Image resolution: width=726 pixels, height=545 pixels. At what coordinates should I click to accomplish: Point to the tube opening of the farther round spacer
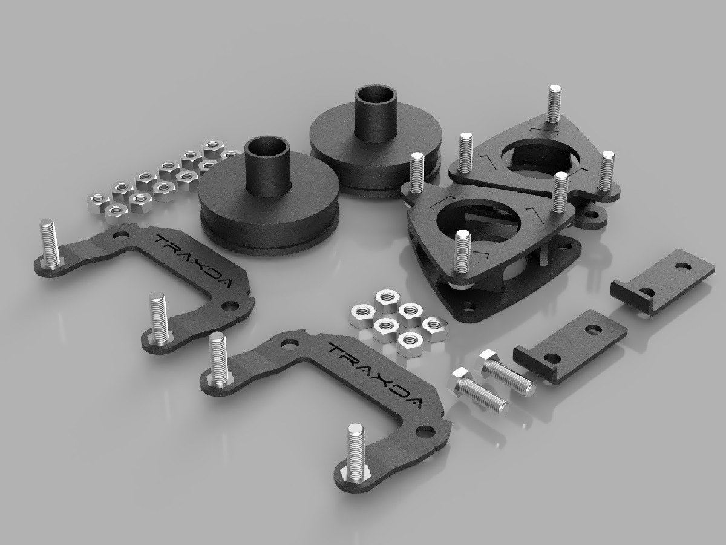[x=374, y=96]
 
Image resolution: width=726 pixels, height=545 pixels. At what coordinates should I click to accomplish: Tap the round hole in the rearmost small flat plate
[x=681, y=266]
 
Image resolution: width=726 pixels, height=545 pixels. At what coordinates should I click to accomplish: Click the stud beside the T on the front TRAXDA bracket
[x=218, y=360]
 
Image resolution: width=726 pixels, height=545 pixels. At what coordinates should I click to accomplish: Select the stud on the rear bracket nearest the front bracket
[x=159, y=318]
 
